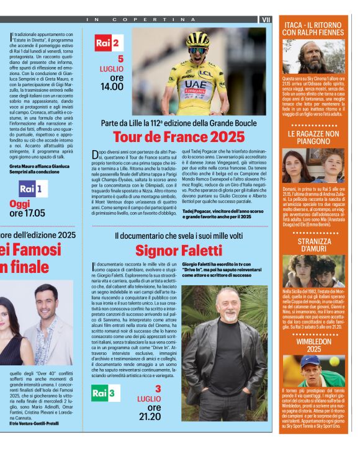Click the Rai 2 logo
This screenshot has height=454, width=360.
click(109, 43)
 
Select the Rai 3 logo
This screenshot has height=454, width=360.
click(104, 393)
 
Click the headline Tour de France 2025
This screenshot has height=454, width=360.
click(179, 137)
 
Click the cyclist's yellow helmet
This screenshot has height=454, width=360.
click(198, 38)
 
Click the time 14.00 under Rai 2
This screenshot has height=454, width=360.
click(112, 86)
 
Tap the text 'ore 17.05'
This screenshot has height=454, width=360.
click(27, 213)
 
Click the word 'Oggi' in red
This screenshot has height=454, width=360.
click(19, 203)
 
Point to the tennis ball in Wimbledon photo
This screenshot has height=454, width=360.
click(334, 361)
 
